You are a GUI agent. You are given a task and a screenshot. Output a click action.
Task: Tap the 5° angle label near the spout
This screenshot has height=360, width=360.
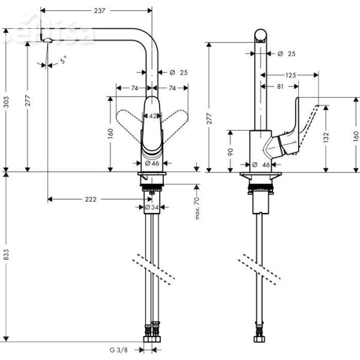pos(63,59)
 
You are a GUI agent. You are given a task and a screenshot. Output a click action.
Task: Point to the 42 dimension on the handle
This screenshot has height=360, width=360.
pos(153,116)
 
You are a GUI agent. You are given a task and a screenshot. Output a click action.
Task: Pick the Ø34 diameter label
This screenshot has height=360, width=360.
pos(152,208)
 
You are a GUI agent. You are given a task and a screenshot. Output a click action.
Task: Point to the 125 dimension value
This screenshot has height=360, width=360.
pos(291,75)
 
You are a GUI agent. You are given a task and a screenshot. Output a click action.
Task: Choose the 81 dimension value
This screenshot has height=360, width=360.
pos(280,86)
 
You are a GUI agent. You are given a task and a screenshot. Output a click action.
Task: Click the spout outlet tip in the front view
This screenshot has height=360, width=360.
pos(47,40)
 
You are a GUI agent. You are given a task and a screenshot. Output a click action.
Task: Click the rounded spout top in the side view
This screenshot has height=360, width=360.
pos(261,35)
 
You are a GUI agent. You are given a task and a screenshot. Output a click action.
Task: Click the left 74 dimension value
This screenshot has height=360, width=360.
pos(134,88)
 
